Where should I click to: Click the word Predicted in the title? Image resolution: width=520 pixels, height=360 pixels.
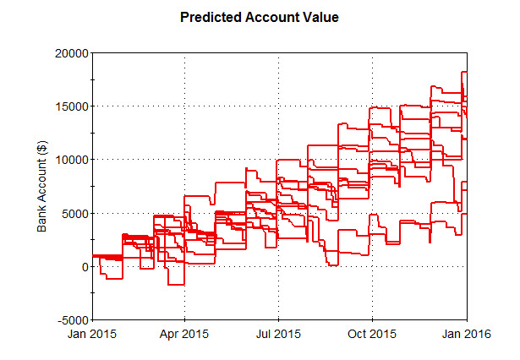(212, 17)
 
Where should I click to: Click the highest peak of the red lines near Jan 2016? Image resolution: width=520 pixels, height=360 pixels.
(464, 73)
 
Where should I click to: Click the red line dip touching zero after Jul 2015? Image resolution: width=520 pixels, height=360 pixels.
(333, 265)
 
